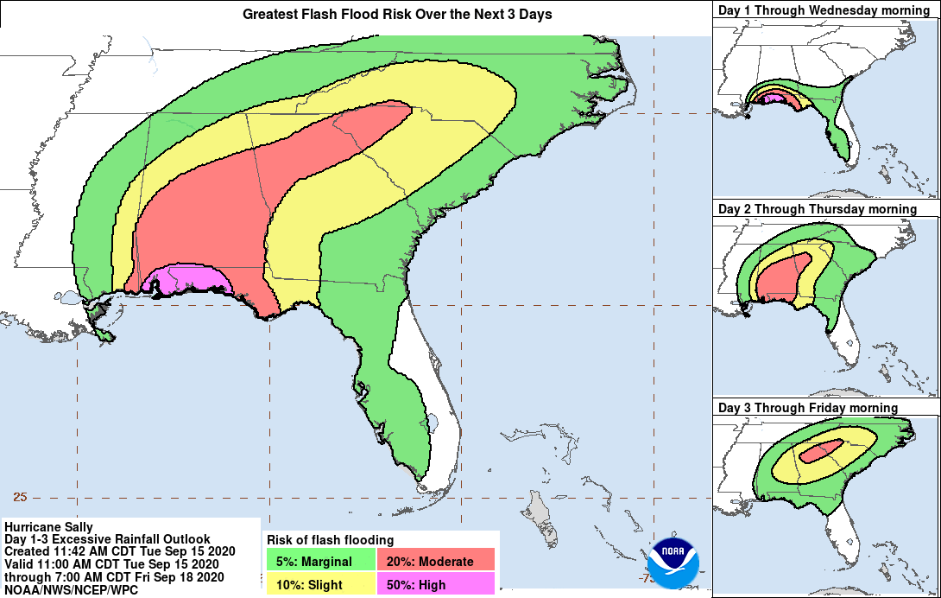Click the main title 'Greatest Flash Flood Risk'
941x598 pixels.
pos(397,14)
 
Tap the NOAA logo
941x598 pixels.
pos(674,557)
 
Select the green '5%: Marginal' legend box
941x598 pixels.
pos(321,561)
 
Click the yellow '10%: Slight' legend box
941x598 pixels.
pos(321,584)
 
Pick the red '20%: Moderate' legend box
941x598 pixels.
pos(436,561)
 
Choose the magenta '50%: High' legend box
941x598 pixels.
pos(436,584)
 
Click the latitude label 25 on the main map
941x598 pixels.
pos(21,497)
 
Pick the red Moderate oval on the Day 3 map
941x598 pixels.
pos(820,450)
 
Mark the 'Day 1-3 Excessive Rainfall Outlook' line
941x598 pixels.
pos(107,539)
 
